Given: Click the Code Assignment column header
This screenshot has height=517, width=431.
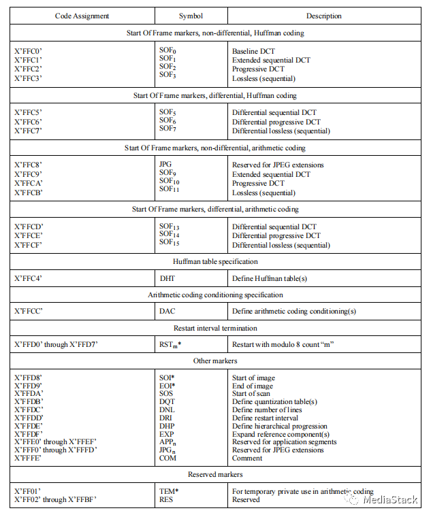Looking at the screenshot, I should (x=82, y=16).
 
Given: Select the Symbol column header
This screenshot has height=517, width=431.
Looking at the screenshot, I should (x=191, y=16).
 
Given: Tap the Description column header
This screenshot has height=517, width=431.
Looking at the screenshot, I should (x=324, y=16).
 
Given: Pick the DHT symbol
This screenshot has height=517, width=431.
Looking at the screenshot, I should (x=167, y=278).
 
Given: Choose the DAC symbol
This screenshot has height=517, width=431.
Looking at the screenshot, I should (x=167, y=312).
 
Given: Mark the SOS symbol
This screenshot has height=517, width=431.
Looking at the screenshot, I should (x=167, y=394).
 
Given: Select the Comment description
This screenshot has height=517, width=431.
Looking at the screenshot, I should (x=249, y=458).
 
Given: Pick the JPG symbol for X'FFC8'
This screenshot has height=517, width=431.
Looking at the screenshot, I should (x=166, y=165).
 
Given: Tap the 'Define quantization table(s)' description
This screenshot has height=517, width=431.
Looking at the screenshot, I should (x=276, y=402).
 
